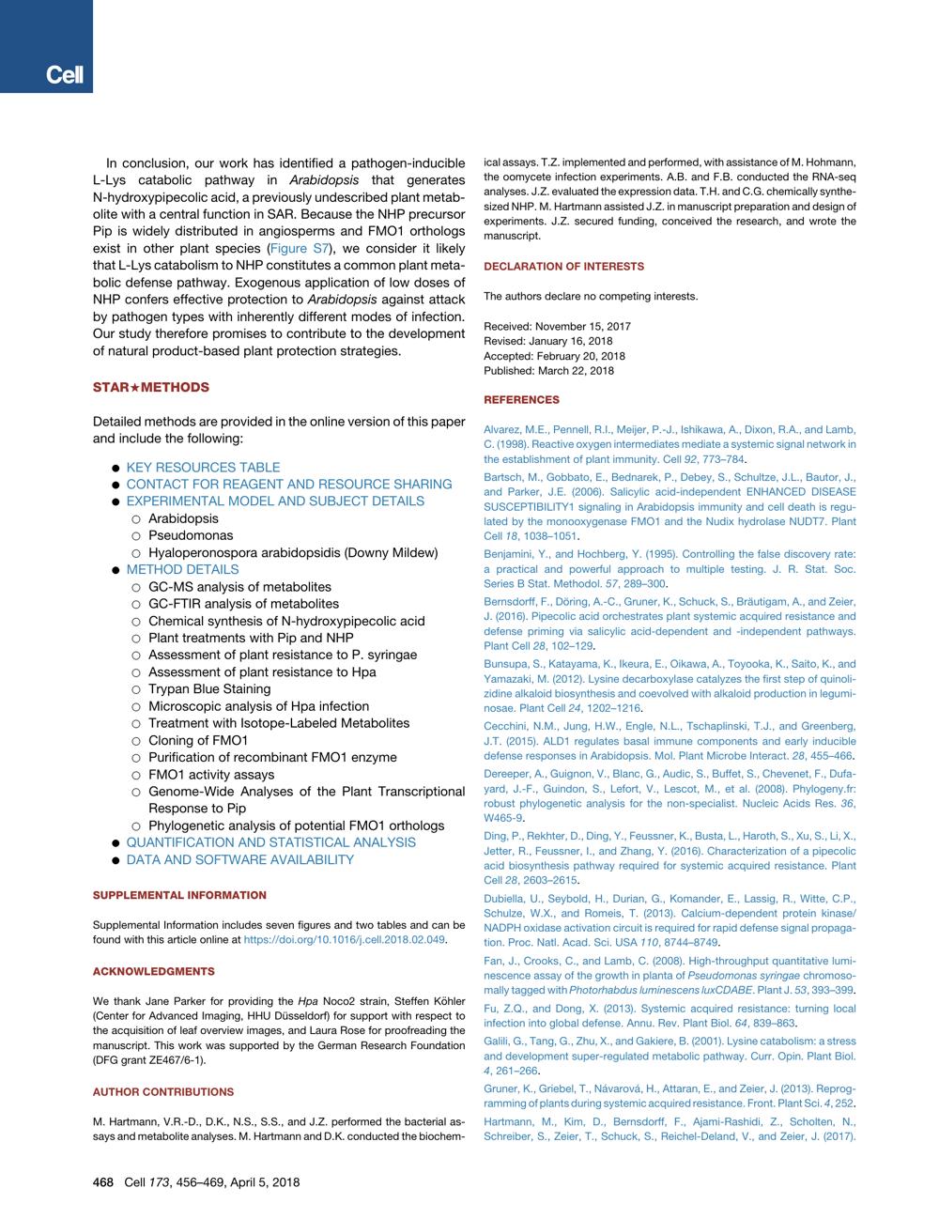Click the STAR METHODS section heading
click(x=150, y=387)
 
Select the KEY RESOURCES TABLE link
click(x=203, y=467)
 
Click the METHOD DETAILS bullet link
click(x=182, y=569)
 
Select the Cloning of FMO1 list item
click(x=197, y=740)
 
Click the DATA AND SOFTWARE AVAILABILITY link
click(x=239, y=859)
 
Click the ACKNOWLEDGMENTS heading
click(x=153, y=971)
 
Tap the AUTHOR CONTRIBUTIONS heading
click(x=163, y=1092)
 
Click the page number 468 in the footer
click(x=103, y=1182)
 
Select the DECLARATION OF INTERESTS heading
click(x=563, y=267)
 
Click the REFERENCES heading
click(x=521, y=400)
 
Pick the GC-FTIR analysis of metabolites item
click(x=243, y=604)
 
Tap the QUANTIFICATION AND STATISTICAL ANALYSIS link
click(x=270, y=842)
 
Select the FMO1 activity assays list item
click(x=211, y=775)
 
